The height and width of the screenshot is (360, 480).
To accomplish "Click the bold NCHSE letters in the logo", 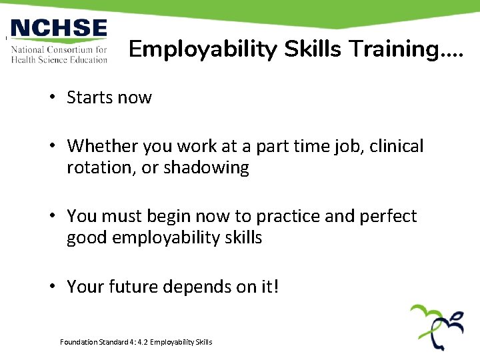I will [x=59, y=29].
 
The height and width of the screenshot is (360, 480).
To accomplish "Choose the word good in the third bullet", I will [x=86, y=238].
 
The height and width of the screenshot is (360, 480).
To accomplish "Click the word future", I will [x=132, y=287].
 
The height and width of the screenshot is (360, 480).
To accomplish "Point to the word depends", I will [x=201, y=287].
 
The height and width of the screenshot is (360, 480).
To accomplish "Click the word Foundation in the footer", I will [x=77, y=342].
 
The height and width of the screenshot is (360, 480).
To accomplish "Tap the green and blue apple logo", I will [x=437, y=327].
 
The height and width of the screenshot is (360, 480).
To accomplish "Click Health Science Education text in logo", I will [x=59, y=59].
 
